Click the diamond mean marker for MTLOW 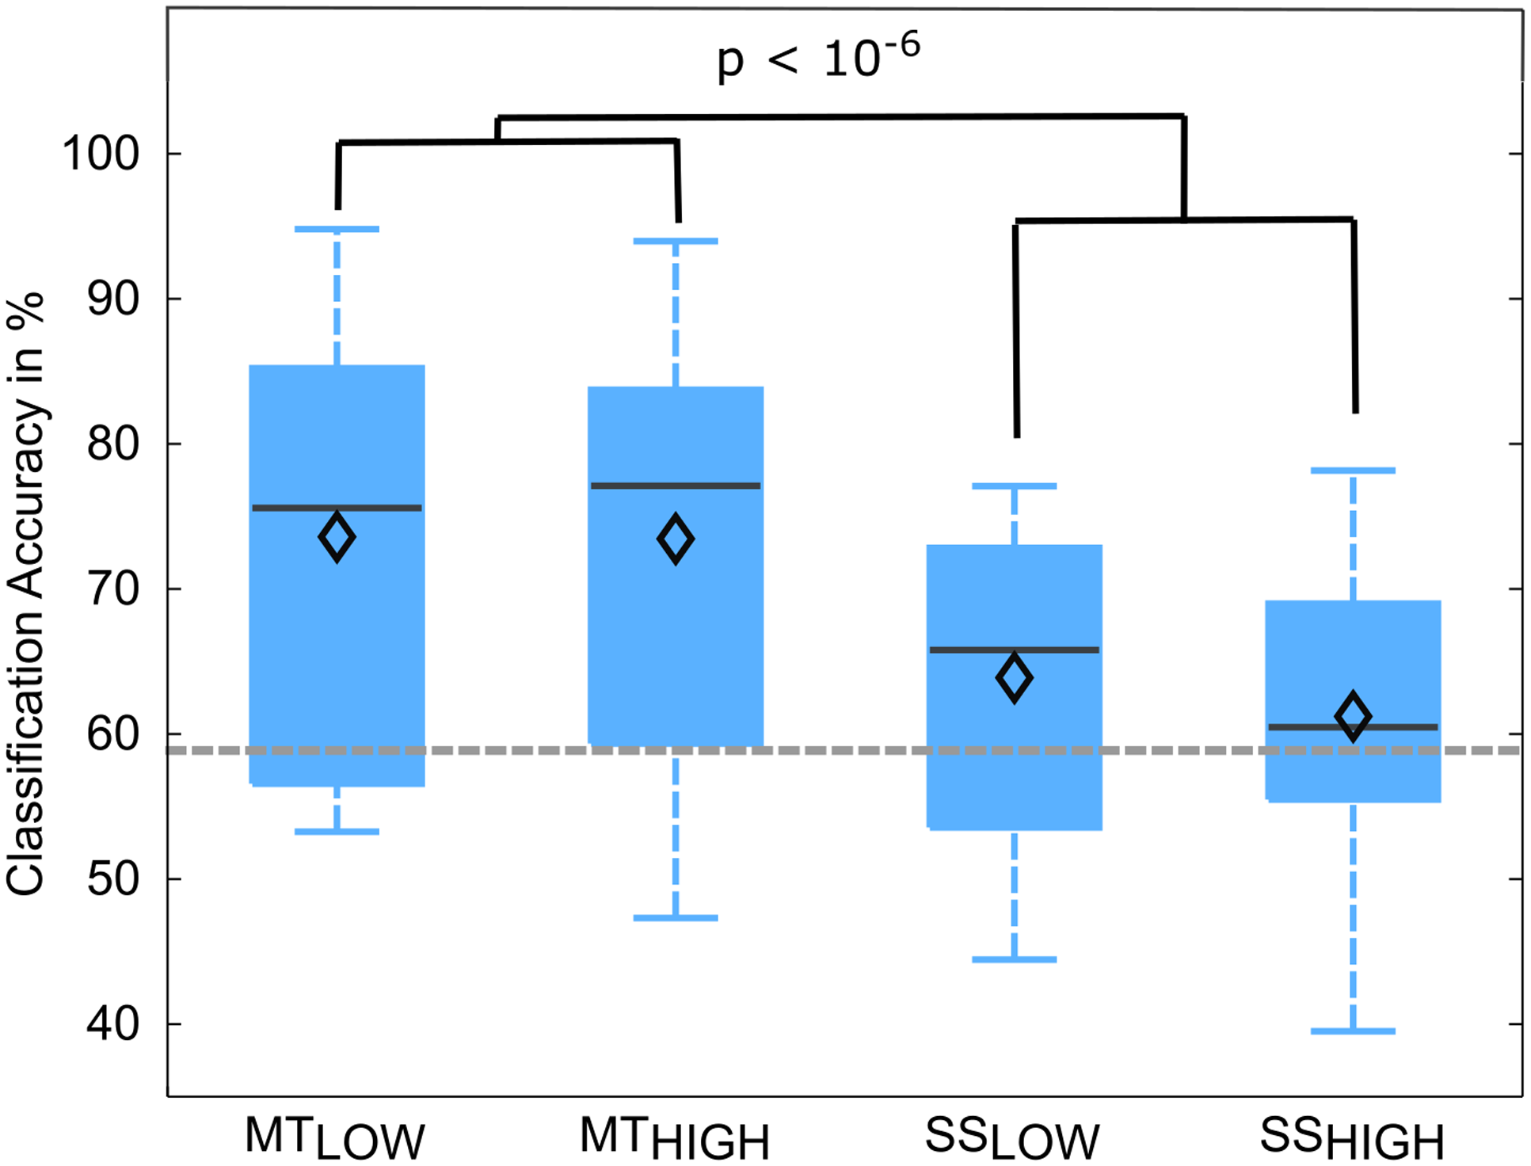pos(337,537)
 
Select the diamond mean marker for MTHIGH pos(676,539)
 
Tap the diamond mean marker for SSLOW pos(1014,678)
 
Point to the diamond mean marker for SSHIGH pos(1353,716)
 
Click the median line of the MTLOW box pos(337,508)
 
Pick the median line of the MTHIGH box pos(676,486)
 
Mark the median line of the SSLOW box pos(1014,650)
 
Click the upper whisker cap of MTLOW pos(337,229)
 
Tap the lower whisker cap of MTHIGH pos(676,918)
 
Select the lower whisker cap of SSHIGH pos(1353,1031)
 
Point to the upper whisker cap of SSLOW pos(1014,486)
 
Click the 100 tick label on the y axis pos(101,154)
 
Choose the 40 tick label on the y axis pos(112,1024)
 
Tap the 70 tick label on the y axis pos(112,589)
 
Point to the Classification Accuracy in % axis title pos(25,594)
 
